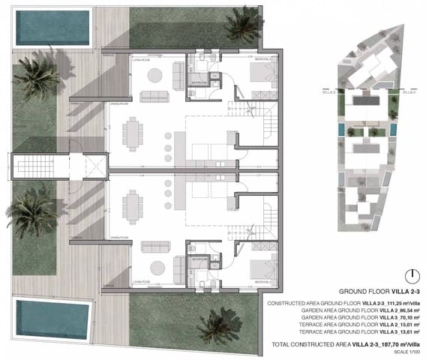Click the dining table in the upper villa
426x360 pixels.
click(134, 136)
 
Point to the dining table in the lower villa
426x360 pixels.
click(134, 204)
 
